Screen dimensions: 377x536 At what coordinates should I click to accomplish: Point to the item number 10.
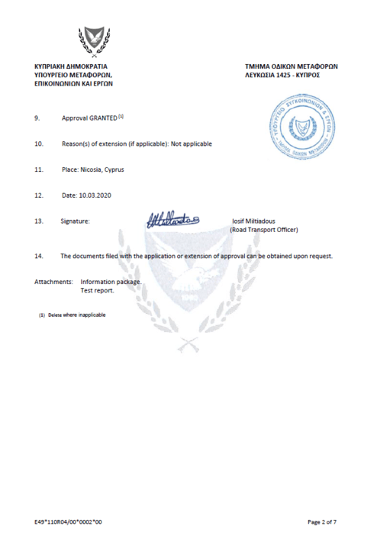(38, 144)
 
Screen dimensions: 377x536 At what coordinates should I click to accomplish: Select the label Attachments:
(53, 281)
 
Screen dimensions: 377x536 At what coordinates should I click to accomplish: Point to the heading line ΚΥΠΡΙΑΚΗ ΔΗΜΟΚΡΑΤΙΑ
(74, 67)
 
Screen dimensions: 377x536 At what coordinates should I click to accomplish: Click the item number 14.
(38, 255)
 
